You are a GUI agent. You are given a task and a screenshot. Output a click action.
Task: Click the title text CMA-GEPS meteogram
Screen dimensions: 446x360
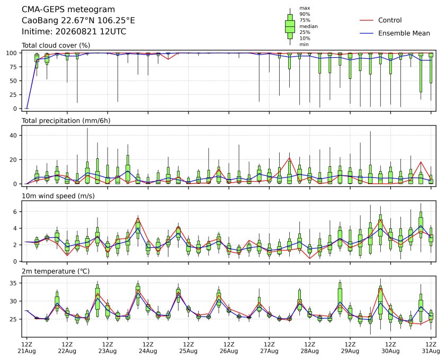click(x=68, y=10)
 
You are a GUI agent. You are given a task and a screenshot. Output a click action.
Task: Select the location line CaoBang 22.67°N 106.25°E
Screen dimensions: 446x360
click(x=78, y=21)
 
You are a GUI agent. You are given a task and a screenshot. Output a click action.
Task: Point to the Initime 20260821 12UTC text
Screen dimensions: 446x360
click(x=74, y=31)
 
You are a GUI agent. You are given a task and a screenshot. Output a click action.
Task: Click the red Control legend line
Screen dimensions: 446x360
click(x=367, y=21)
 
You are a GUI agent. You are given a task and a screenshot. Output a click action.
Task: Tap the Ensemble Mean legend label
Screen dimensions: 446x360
click(x=404, y=33)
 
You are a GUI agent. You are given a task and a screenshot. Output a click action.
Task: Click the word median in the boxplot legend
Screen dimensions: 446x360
click(x=308, y=26)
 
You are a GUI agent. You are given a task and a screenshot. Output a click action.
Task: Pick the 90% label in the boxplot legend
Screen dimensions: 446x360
click(x=305, y=14)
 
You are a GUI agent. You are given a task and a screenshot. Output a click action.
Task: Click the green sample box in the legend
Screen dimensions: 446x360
click(x=290, y=26)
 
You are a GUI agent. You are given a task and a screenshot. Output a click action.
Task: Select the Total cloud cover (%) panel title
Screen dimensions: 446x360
click(x=56, y=46)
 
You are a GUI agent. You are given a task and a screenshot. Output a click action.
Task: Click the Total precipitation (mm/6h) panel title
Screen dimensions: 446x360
click(x=66, y=121)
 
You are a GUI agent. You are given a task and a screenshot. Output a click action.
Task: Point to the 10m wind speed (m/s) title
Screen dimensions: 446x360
click(x=58, y=196)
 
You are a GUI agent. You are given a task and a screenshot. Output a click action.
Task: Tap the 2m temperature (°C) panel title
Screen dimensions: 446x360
click(x=56, y=271)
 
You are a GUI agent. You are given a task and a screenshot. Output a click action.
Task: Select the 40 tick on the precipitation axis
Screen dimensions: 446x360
click(x=14, y=136)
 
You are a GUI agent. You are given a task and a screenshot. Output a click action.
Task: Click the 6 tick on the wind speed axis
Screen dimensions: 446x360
click(x=15, y=212)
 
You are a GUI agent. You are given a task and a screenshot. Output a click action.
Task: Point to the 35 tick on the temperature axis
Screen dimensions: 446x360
click(x=14, y=283)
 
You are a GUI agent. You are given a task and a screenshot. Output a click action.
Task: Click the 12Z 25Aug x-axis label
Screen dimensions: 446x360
click(x=188, y=348)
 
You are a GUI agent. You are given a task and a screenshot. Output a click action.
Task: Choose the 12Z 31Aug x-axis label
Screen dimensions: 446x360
click(x=431, y=348)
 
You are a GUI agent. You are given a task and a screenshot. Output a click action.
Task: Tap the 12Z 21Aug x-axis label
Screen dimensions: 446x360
click(x=26, y=348)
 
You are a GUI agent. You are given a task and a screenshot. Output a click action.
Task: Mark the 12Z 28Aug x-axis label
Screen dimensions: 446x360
click(x=309, y=348)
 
